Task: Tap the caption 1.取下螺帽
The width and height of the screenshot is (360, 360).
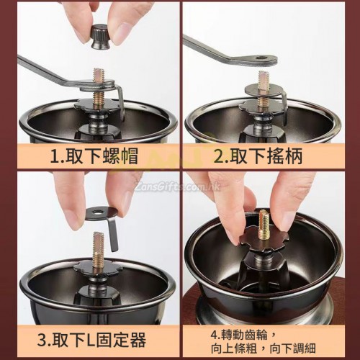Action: coord(94,156)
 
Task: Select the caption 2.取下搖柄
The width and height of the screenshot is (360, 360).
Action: coord(258,156)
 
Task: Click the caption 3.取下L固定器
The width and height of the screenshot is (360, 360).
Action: coord(91,339)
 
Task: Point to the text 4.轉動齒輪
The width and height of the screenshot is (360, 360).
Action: coord(239,335)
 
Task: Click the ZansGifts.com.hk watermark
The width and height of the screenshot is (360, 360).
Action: coord(178,186)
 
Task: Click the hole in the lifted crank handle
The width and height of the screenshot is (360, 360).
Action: coord(261,58)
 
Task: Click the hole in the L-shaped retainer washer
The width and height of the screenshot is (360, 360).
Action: coord(97,212)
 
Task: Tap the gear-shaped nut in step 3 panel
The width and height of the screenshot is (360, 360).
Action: coord(97,269)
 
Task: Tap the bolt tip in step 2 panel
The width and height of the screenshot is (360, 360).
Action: coord(264,76)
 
